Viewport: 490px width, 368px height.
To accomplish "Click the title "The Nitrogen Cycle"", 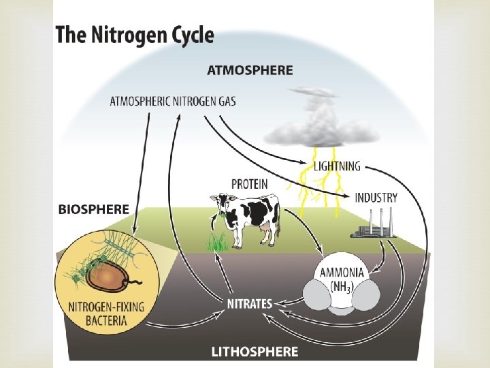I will click(135, 35).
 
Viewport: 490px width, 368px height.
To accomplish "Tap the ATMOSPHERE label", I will click(250, 70).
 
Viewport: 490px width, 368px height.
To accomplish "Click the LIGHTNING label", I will click(337, 166).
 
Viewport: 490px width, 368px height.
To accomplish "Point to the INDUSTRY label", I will click(376, 198).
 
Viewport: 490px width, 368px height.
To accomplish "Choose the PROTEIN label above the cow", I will click(249, 184).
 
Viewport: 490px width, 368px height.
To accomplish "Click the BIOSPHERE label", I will click(93, 210).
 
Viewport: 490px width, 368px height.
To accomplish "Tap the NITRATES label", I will click(249, 303).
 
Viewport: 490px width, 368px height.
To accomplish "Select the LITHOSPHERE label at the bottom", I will click(255, 352).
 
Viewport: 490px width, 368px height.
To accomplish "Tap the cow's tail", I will click(277, 215).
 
